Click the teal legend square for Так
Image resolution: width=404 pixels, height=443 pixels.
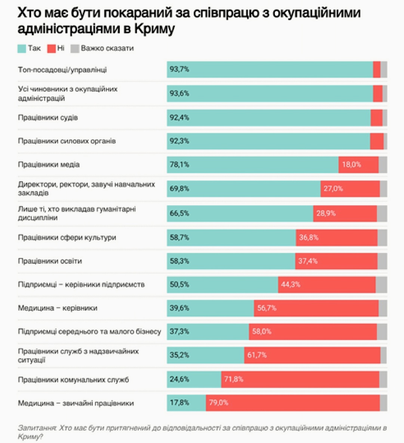click(x=22, y=48)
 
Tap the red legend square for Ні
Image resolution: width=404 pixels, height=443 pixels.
click(x=51, y=48)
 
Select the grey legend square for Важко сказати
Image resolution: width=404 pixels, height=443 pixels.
click(x=75, y=48)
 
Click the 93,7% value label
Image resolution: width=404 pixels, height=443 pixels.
click(x=180, y=69)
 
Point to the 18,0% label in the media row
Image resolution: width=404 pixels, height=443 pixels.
click(x=352, y=165)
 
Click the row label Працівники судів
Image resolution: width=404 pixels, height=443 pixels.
click(x=48, y=118)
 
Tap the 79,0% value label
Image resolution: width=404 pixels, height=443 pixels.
click(x=219, y=403)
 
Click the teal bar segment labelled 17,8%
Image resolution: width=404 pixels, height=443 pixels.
click(x=186, y=403)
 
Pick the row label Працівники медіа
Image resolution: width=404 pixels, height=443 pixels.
click(x=49, y=165)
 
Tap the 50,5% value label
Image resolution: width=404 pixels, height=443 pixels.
click(x=180, y=285)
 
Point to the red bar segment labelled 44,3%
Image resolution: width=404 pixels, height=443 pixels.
click(x=327, y=285)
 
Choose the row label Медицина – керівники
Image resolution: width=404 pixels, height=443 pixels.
click(x=58, y=308)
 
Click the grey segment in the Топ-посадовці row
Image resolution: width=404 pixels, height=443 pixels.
click(x=384, y=69)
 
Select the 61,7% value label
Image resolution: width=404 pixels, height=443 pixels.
click(x=257, y=355)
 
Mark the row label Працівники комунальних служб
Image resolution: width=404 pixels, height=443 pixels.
click(x=73, y=380)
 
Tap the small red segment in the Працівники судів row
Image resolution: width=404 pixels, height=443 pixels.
click(x=376, y=118)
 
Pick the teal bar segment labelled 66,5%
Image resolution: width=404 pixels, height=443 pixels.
click(x=240, y=213)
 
